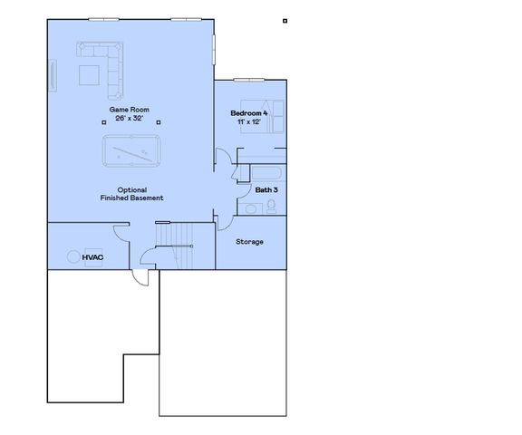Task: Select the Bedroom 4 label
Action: tap(249, 113)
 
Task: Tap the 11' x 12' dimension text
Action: tap(249, 121)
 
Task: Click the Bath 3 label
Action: tap(265, 190)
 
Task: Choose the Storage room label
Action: tap(249, 242)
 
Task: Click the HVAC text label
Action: tap(93, 257)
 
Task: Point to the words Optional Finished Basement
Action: tap(133, 194)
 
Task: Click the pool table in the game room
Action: tap(132, 151)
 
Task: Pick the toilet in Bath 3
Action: tap(272, 208)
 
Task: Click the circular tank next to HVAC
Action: tap(72, 257)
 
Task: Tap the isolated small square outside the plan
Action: tap(285, 21)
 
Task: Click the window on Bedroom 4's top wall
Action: tap(249, 81)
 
